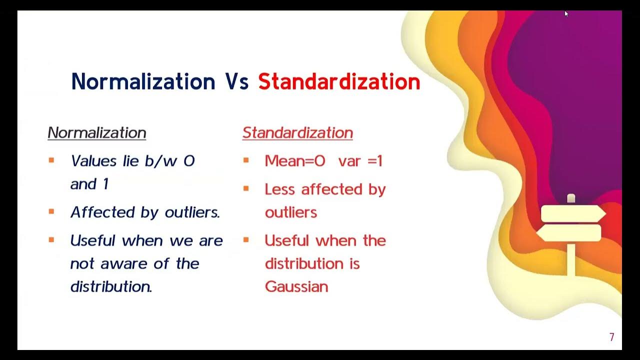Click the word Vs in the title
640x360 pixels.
237,82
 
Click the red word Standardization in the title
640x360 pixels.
339,82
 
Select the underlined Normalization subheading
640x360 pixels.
97,132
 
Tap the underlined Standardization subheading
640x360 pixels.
297,132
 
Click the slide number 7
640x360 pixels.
611,337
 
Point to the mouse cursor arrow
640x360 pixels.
566,13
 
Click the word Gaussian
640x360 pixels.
296,286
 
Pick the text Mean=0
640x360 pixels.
295,161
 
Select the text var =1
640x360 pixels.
360,161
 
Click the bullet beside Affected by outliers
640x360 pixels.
51,211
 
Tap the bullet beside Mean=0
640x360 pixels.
245,160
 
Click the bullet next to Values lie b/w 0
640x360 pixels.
51,160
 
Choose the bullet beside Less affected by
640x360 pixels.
245,188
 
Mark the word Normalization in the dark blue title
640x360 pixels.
143,82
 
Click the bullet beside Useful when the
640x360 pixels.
245,240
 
